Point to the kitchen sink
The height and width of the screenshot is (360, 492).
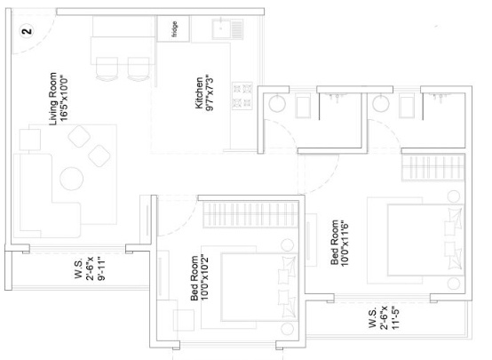[x=221, y=29]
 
